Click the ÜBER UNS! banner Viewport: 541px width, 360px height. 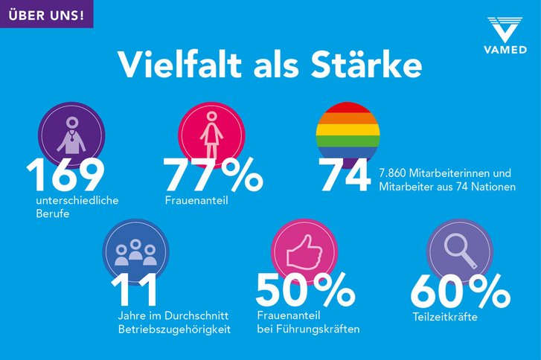click(x=46, y=13)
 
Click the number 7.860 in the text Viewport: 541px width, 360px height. click(x=394, y=173)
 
